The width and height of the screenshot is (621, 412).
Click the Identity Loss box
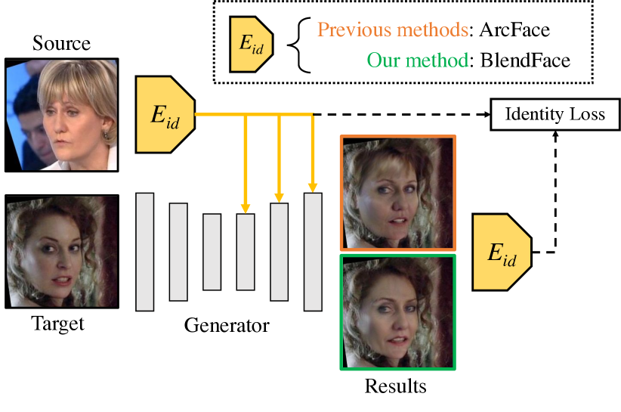pos(555,115)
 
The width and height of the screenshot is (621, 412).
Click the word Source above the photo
pos(61,44)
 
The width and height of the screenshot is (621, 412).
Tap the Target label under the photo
pos(58,325)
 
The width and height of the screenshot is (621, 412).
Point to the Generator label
pos(226,327)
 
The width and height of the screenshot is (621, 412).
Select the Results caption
pos(395,387)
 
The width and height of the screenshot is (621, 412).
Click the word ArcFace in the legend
pos(514,31)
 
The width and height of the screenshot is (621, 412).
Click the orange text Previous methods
pos(391,31)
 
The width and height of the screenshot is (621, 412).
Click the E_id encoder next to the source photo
pos(165,113)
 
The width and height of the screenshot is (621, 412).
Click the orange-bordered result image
pos(398,193)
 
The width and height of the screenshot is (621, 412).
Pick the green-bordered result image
pos(398,311)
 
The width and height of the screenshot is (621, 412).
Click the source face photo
pos(61,114)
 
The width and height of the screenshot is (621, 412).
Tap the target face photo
pos(61,252)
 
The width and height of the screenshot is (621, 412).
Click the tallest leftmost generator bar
pos(144,252)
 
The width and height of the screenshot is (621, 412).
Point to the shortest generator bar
pos(212,252)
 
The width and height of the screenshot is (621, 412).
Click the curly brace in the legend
pos(297,45)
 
